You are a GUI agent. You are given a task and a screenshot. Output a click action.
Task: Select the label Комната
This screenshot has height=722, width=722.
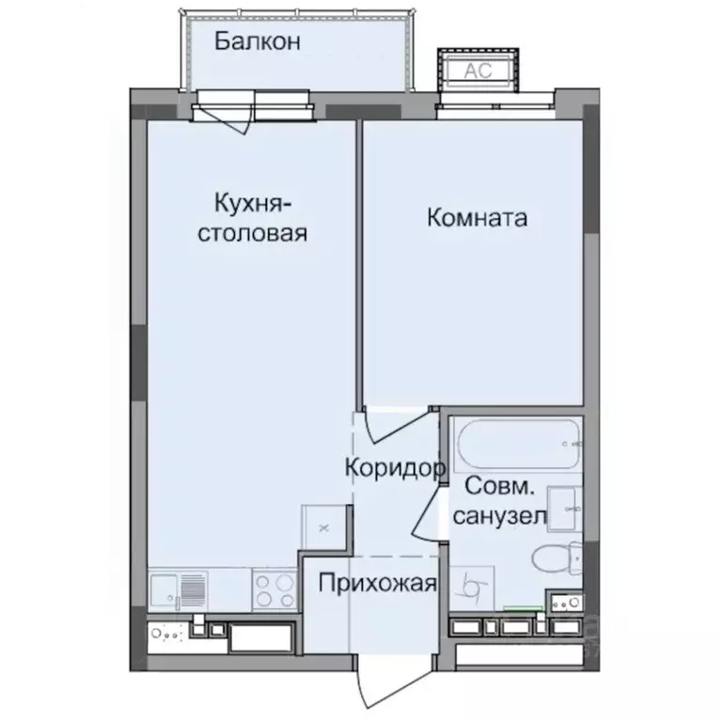tap(477, 218)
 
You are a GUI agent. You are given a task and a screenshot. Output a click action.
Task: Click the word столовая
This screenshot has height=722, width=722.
tap(251, 232)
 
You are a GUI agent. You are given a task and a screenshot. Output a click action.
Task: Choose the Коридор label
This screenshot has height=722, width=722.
tap(393, 466)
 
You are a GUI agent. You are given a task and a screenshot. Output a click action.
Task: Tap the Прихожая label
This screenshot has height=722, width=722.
tap(377, 584)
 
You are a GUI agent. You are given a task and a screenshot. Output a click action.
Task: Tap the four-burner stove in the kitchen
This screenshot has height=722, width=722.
tap(274, 589)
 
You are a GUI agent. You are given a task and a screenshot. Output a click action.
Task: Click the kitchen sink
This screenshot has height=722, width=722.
tap(178, 590)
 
